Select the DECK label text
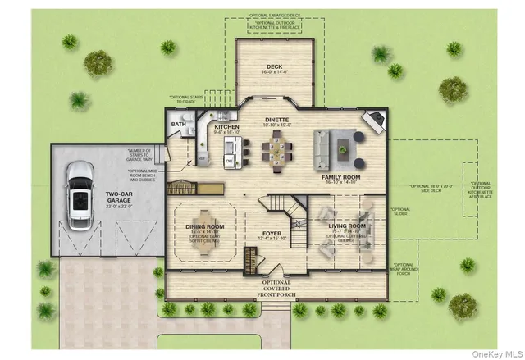point(275,67)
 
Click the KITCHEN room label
point(226,127)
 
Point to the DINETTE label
point(276,120)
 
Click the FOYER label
point(271,233)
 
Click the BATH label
point(178,125)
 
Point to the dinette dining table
point(276,148)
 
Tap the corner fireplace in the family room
point(372,121)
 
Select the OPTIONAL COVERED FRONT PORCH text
point(276,289)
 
